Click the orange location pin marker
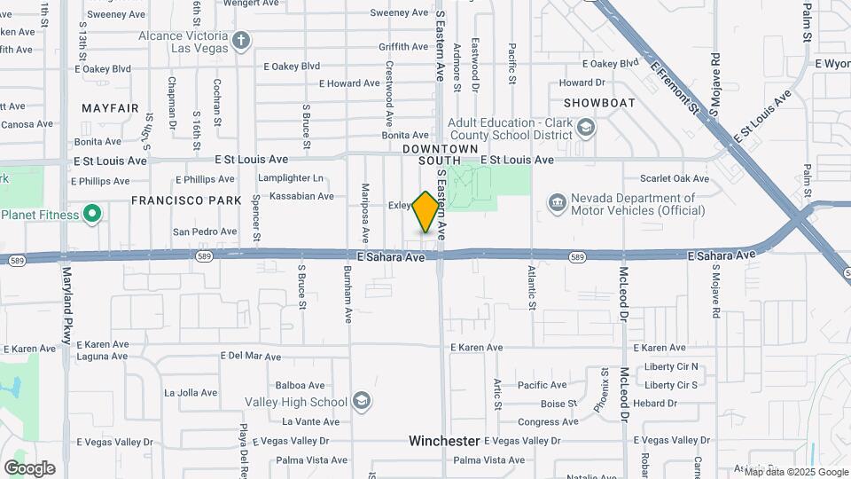tap(425, 211)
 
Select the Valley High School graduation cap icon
tap(361, 402)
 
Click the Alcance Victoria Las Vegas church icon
tap(242, 41)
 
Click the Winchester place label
tap(444, 441)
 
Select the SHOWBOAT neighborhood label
tap(598, 103)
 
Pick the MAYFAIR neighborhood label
tap(110, 108)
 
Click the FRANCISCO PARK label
tap(186, 200)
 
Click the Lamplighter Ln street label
tap(291, 178)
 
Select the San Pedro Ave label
tap(205, 232)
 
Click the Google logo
tap(29, 468)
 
